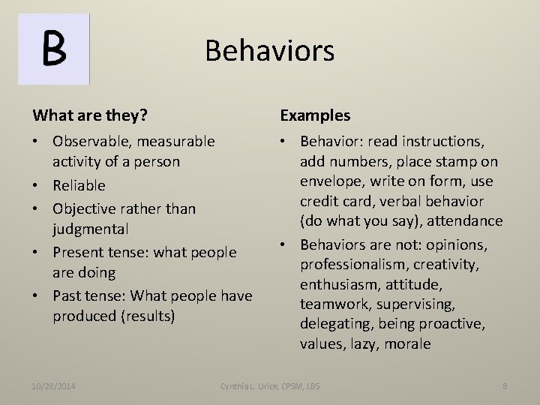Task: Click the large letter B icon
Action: point(54,48)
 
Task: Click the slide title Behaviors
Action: point(269,51)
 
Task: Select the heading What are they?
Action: point(89,115)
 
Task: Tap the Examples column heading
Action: point(315,115)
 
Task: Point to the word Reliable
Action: point(79,185)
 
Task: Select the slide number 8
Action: point(505,386)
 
